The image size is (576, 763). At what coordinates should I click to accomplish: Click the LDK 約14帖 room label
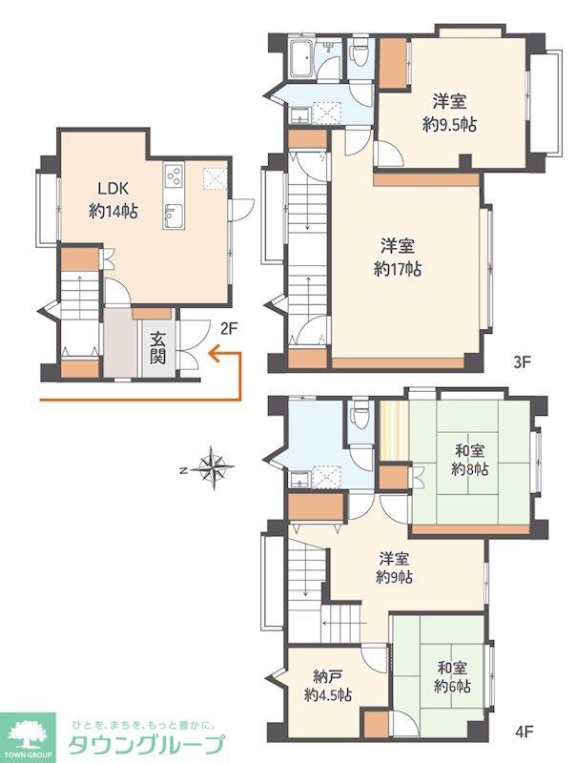click(x=113, y=200)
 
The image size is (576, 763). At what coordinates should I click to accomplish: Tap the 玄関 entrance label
click(x=158, y=347)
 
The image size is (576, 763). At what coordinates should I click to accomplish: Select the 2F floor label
click(x=229, y=330)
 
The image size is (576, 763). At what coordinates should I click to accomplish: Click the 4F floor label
click(x=525, y=731)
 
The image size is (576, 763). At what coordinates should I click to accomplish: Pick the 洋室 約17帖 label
click(x=398, y=258)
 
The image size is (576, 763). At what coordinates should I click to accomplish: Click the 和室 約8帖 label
click(x=469, y=460)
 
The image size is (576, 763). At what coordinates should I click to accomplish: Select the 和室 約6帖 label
click(x=452, y=677)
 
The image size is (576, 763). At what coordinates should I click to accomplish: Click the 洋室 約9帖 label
click(x=395, y=567)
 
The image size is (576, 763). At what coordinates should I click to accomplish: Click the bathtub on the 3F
click(x=302, y=59)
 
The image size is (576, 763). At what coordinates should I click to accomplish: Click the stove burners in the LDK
click(x=174, y=175)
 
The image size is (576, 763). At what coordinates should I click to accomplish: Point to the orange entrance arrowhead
click(x=214, y=353)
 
